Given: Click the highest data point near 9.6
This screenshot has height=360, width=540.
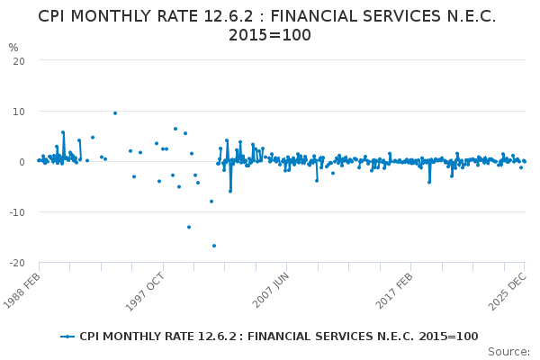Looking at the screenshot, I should point(115,112).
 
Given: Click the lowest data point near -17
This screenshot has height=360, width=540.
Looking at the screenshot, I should point(214,246).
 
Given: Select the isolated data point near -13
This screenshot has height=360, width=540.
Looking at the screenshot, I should point(189,227).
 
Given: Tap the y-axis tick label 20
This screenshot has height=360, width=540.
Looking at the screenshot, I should point(18,60).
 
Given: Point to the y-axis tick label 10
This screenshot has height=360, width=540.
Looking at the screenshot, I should point(18,111).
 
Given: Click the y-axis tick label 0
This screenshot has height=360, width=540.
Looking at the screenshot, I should point(21,162).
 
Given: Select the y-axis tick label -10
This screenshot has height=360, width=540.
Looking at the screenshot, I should point(16,212).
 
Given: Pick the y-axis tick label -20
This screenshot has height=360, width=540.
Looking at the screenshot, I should point(16,263).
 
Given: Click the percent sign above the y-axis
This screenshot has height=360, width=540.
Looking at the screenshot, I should point(13,48).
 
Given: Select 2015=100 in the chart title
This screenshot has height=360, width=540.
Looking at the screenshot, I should point(270,36).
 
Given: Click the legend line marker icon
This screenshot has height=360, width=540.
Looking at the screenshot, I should point(67,337).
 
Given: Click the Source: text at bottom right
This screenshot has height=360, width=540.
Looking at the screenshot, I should point(508,351).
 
